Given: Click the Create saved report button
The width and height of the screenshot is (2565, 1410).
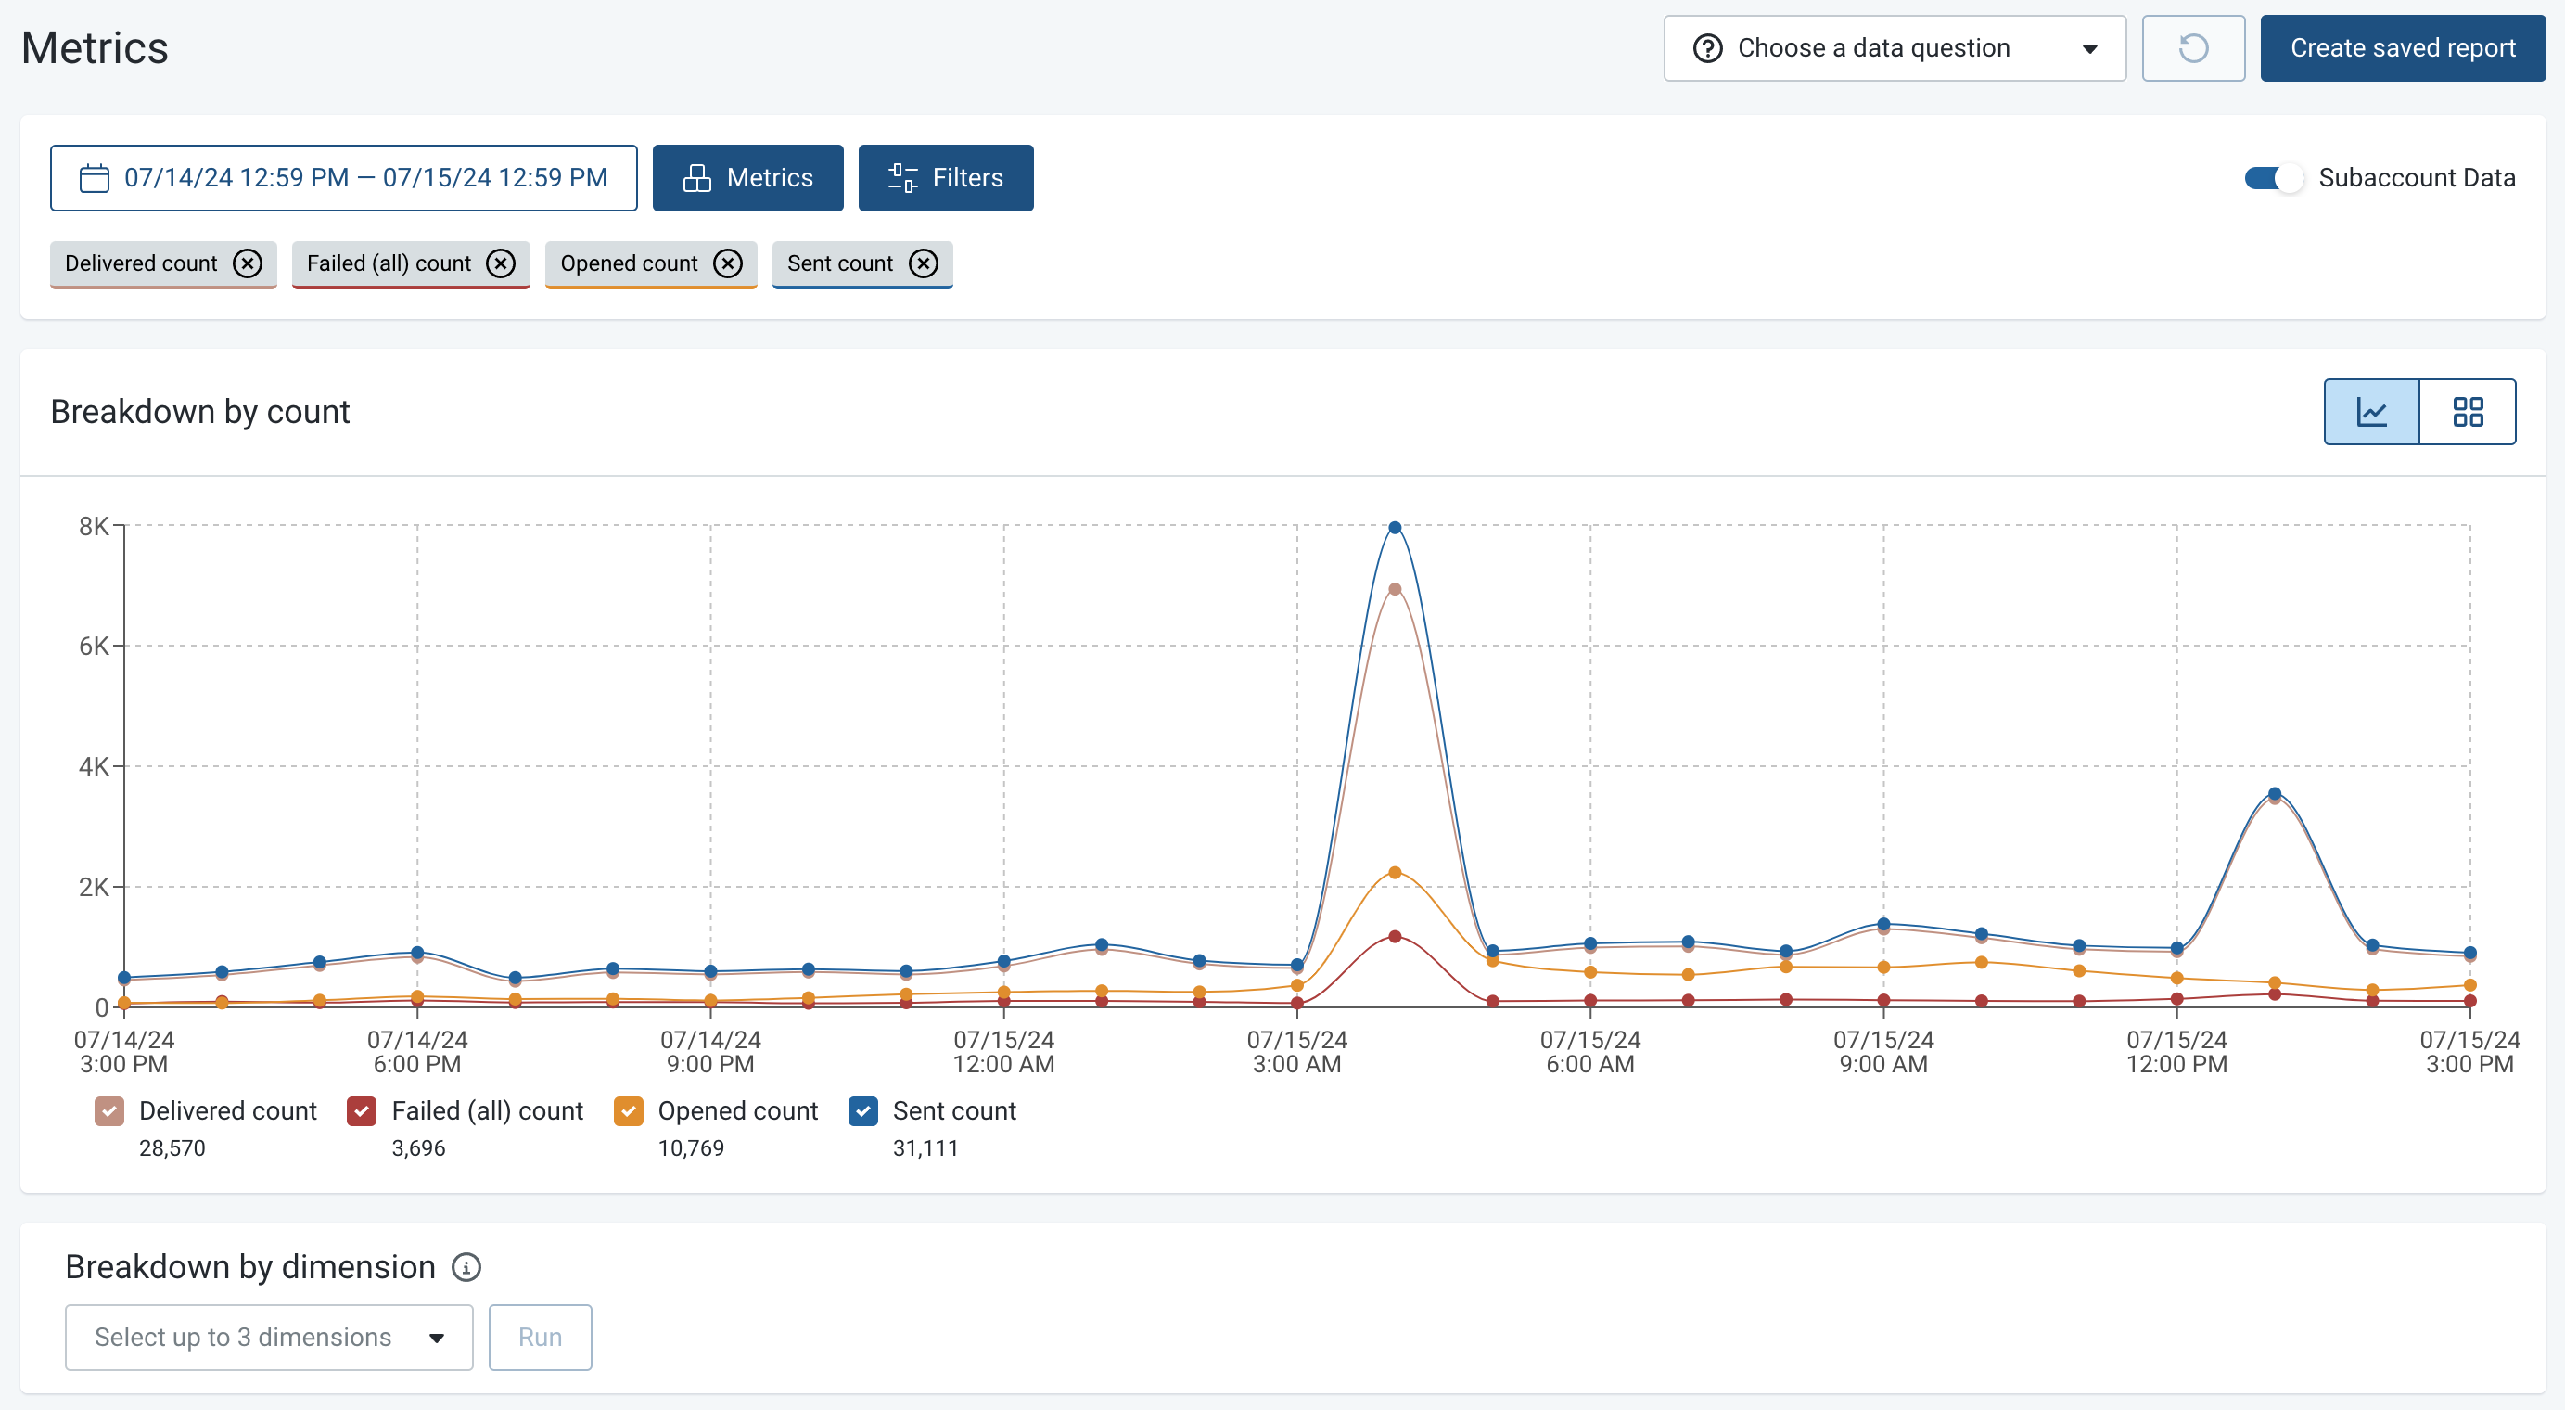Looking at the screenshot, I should (2402, 48).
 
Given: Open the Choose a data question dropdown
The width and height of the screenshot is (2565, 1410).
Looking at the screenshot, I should (1894, 48).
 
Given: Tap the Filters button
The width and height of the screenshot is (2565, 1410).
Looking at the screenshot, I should (945, 178).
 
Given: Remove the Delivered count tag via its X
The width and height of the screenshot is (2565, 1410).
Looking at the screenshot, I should (248, 263).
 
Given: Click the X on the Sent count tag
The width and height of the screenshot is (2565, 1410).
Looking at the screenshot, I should (924, 263).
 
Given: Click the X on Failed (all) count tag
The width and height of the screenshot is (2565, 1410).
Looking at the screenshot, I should (501, 263).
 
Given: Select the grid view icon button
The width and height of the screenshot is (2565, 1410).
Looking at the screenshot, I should (2468, 412).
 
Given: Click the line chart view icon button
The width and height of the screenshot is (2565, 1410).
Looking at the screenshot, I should (2371, 412).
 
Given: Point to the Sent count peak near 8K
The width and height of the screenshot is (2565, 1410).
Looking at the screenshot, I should (1394, 528).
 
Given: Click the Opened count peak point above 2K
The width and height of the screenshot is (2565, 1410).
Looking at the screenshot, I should (1394, 872).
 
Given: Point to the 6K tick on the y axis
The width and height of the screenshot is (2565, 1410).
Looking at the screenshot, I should (95, 647).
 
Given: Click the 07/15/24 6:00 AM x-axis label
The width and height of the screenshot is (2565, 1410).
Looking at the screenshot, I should (1589, 1052).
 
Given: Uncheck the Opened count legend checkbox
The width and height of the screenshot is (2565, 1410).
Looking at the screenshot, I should (629, 1111).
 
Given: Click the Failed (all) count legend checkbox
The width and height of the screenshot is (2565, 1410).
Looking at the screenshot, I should (362, 1111).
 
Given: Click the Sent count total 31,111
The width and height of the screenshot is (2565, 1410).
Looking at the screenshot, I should (925, 1148).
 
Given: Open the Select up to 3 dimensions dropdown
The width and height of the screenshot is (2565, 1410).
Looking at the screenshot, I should (269, 1338).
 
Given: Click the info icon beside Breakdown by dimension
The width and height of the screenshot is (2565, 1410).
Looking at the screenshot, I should (466, 1267).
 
